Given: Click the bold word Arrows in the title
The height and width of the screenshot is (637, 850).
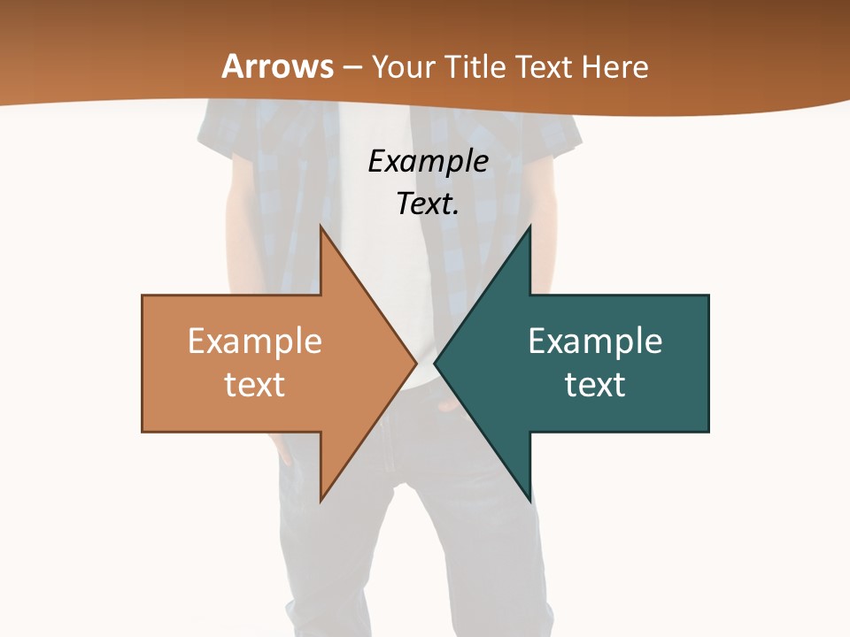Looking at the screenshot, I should (x=278, y=66).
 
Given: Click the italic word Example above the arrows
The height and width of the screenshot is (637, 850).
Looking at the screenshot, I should (x=428, y=162).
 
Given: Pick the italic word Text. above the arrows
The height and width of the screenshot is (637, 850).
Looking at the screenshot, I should (x=428, y=203).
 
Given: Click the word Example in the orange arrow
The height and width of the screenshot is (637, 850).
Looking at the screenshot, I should (x=255, y=341).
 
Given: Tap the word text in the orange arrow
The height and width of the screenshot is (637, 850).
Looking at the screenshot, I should (x=255, y=385).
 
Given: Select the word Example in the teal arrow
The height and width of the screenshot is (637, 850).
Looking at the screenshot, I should (x=595, y=341).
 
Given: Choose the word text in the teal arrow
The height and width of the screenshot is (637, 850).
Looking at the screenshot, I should (x=595, y=385).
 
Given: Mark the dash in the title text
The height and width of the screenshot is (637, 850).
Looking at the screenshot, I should (x=352, y=67).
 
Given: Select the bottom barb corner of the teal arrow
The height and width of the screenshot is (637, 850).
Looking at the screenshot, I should (x=529, y=499).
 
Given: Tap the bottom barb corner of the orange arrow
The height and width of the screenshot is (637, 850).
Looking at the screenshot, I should (x=321, y=499).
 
